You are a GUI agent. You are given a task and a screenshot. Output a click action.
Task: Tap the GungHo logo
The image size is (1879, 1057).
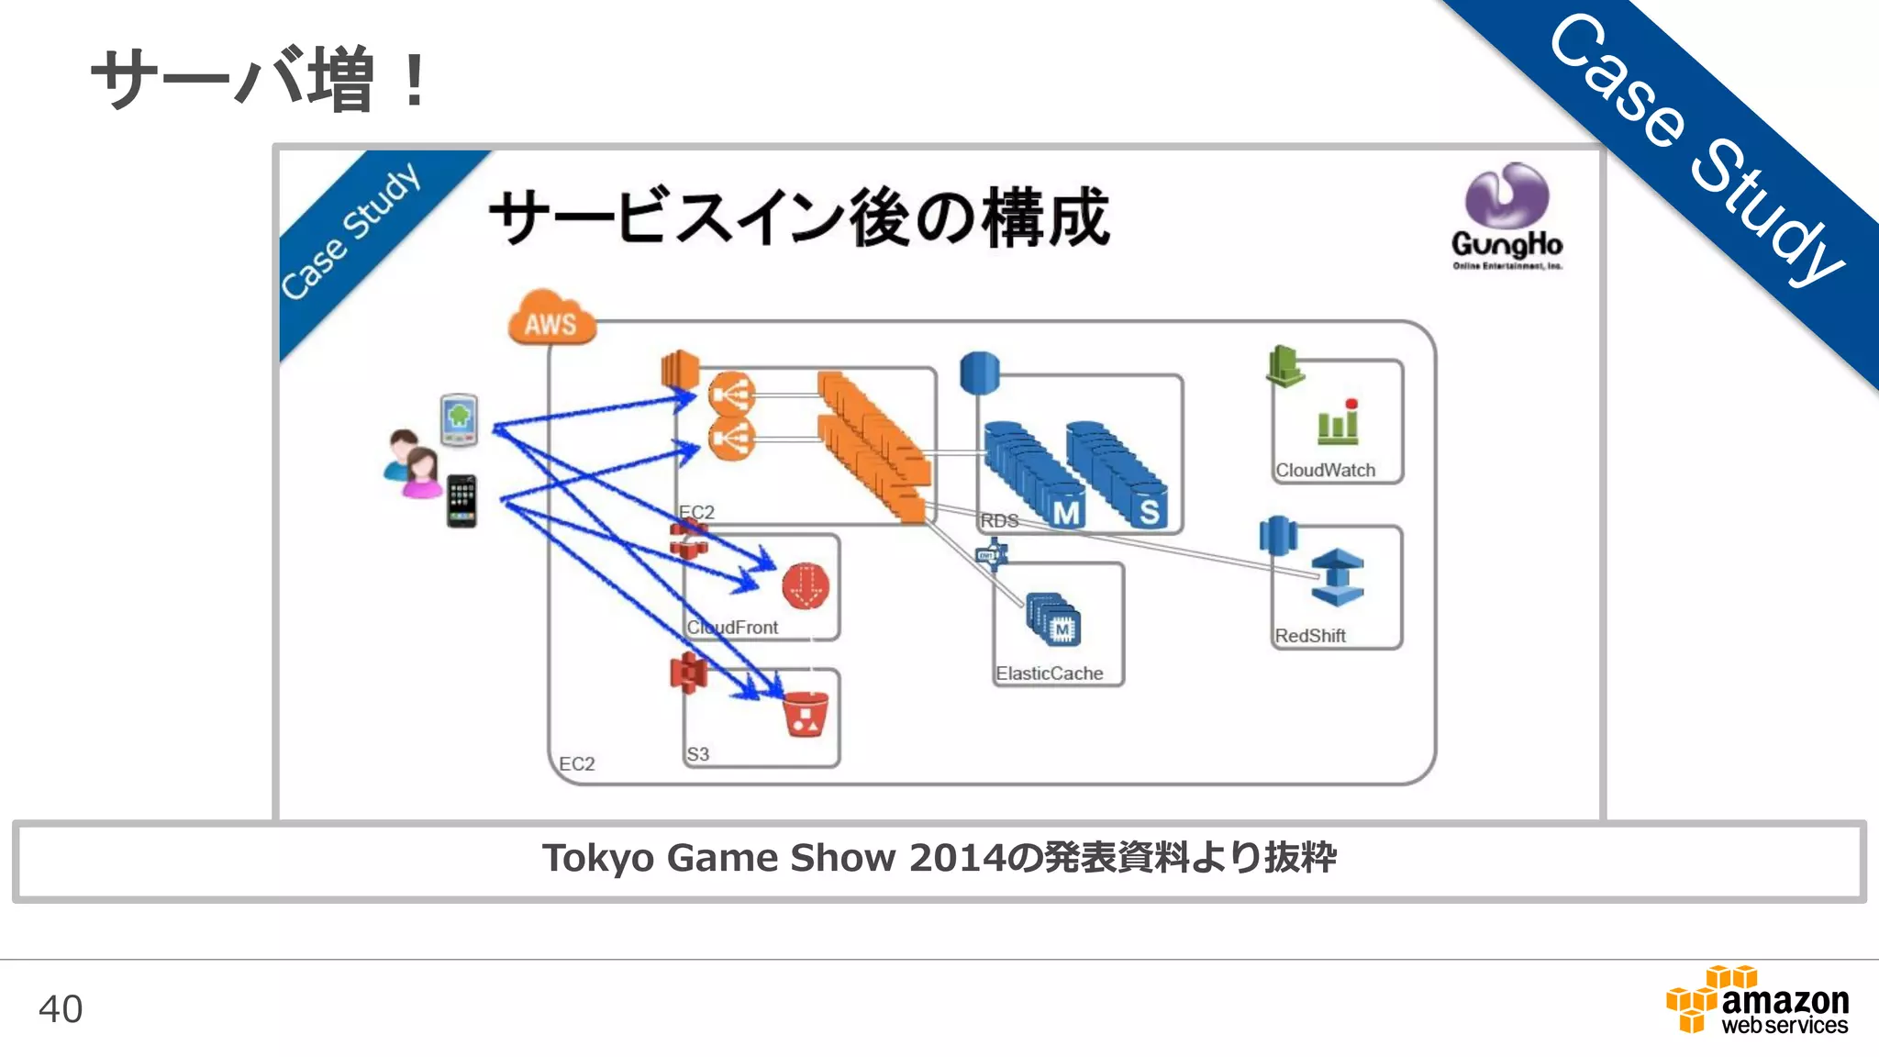coord(1507,217)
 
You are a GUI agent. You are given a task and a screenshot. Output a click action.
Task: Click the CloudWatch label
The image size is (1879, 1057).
coord(1325,471)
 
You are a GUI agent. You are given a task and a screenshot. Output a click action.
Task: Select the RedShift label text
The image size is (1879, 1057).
coord(1309,636)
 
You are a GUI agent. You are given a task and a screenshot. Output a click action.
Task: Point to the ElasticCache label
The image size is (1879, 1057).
coord(1049,673)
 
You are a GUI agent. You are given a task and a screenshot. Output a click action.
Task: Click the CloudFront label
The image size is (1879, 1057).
coord(732,628)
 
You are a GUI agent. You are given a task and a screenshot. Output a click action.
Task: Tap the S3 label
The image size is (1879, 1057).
coord(697,754)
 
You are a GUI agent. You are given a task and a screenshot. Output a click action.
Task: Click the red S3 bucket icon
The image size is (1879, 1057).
coord(806,715)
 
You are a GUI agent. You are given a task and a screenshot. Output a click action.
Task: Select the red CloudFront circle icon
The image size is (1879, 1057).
coord(806,586)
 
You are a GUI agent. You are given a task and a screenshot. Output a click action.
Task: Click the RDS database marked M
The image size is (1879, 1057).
coord(1064,510)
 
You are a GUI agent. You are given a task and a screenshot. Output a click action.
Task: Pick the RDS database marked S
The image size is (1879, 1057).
coord(1148,510)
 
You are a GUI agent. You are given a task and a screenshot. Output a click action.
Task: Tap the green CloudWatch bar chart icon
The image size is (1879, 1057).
coord(1338,423)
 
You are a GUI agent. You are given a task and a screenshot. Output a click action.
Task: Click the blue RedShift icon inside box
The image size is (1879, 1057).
coord(1338,577)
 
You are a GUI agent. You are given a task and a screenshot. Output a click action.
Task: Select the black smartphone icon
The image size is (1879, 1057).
coord(461,501)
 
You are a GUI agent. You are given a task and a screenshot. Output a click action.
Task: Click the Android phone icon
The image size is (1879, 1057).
coord(459,419)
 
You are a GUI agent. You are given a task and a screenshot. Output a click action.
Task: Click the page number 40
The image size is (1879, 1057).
coord(61,1008)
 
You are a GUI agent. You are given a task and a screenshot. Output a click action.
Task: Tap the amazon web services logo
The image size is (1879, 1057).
coord(1758,1002)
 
